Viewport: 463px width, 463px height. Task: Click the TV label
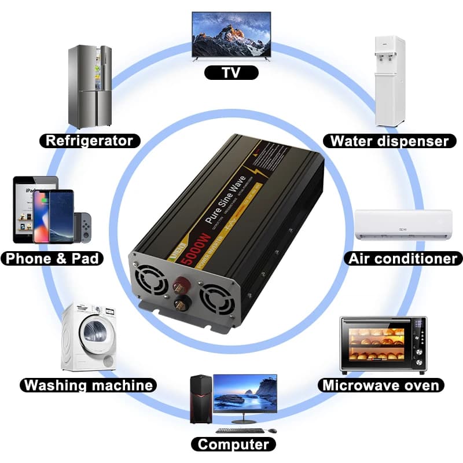point(231,72)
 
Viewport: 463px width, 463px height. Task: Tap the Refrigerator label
point(90,140)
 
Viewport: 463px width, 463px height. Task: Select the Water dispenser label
point(389,141)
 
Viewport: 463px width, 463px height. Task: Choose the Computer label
point(233,444)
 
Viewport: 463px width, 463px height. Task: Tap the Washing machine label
point(89,385)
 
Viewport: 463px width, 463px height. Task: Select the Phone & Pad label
point(53,258)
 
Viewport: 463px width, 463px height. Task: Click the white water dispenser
point(389,81)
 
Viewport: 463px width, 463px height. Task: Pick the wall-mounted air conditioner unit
point(403,225)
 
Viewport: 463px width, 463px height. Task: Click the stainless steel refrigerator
point(90,87)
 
